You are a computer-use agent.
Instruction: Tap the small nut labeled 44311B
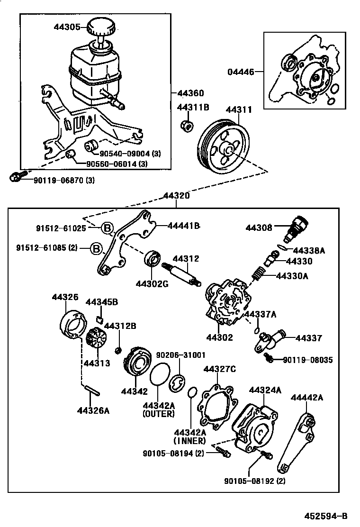[x=187, y=126]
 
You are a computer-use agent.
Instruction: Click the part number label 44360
[x=190, y=93]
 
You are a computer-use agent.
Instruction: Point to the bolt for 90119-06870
[x=15, y=177]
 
